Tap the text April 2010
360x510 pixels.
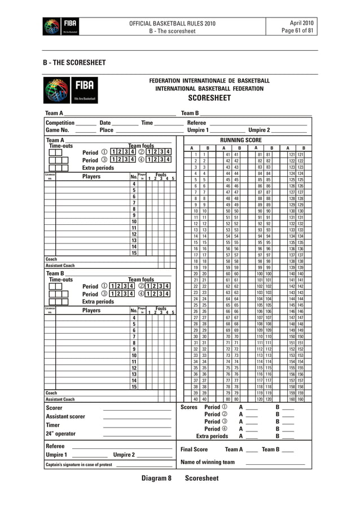317,23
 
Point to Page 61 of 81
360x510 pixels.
313,31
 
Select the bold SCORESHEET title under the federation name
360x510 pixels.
209,98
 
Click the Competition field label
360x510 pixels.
60,123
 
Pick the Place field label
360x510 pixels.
106,130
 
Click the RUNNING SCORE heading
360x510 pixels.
241,140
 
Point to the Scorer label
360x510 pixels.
54,408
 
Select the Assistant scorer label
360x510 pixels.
65,417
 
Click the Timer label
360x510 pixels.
52,425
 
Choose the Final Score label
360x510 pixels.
194,450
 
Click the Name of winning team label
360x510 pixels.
207,462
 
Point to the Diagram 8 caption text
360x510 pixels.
156,478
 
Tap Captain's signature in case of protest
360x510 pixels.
78,465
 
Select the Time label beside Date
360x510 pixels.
147,123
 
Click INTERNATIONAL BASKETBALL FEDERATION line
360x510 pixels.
209,89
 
